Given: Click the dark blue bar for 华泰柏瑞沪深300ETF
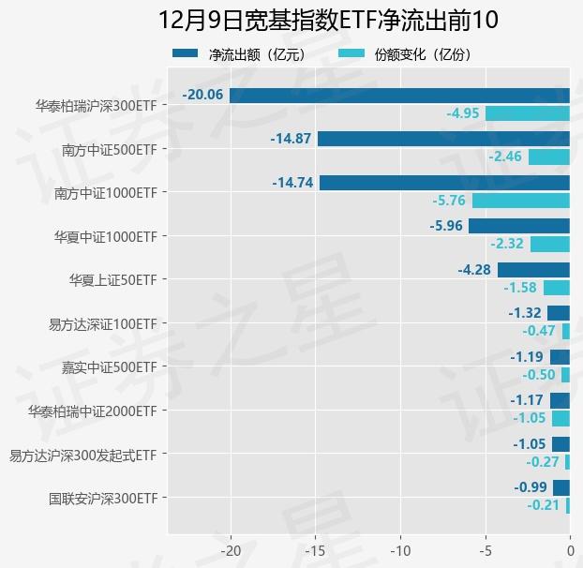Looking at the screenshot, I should click(399, 95).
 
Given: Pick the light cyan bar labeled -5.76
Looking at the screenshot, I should click(521, 201).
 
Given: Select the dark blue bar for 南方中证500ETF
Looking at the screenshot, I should click(443, 139).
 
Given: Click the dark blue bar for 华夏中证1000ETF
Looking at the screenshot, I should click(519, 226).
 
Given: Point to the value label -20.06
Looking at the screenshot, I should click(203, 95).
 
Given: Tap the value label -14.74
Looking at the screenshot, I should click(292, 183).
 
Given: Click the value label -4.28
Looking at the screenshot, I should click(474, 270).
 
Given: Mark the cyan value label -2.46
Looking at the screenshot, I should click(506, 157).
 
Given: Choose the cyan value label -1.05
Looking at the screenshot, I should click(530, 418).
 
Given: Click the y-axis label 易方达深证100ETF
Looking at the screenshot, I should click(103, 324).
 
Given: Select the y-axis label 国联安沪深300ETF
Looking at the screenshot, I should click(103, 499).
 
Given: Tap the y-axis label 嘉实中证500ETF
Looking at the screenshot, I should click(109, 367).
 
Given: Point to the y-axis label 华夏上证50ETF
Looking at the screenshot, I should click(112, 280).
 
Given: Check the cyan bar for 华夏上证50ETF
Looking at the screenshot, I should click(557, 288).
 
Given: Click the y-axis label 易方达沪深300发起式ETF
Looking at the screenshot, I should click(82, 456).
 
